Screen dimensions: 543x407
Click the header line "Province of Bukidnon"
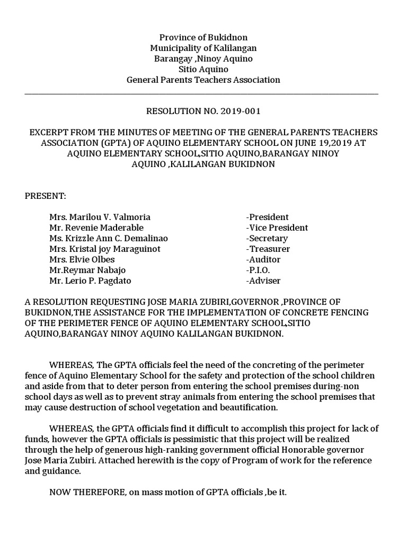point(203,38)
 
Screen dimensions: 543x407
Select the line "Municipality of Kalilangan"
point(203,48)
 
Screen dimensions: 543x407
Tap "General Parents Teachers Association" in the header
point(203,80)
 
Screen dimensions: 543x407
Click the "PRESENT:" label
point(46,196)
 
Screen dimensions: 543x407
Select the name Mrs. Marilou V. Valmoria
point(100,217)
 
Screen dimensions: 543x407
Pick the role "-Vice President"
point(277,227)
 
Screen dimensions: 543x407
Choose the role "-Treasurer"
point(268,249)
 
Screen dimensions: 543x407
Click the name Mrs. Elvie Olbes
point(82,259)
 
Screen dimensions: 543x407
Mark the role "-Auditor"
point(263,259)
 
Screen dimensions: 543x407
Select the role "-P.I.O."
point(258,270)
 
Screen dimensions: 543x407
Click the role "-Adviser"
point(263,281)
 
